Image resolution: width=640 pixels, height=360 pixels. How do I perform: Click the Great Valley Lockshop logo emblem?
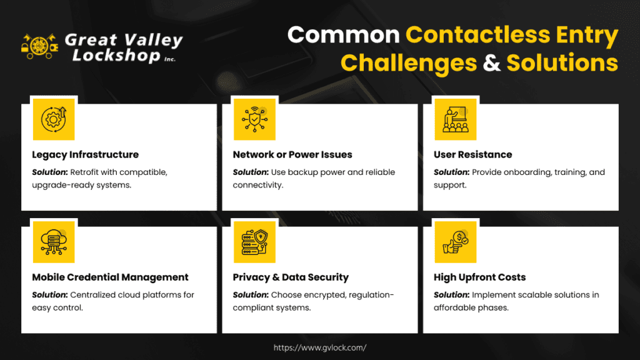[x=39, y=46]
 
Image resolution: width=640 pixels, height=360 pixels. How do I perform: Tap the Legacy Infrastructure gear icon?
[x=54, y=119]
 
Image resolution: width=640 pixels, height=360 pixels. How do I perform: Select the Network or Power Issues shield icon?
[x=254, y=119]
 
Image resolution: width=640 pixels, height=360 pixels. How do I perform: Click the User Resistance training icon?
[x=456, y=119]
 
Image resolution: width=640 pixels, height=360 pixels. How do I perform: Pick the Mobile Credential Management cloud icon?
[x=54, y=242]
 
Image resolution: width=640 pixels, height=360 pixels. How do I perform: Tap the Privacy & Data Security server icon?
[x=254, y=242]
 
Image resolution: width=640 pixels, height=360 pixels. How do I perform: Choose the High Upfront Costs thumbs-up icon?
[x=456, y=242]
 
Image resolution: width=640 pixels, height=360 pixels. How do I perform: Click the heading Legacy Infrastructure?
[x=85, y=155]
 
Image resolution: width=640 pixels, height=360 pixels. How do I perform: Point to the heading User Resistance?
[x=472, y=155]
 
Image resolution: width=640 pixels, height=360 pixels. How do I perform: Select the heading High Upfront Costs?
[x=479, y=277]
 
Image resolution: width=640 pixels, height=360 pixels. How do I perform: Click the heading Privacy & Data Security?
[x=291, y=277]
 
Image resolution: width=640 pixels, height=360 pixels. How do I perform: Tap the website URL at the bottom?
[x=320, y=347]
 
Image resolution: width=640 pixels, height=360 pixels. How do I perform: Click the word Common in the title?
[x=343, y=35]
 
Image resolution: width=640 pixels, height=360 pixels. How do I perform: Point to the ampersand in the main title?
[x=491, y=63]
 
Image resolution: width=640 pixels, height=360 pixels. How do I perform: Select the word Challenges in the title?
[x=409, y=63]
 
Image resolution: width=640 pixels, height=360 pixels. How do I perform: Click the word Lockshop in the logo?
[x=116, y=56]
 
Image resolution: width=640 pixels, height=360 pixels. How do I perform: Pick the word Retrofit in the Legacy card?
[x=84, y=172]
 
